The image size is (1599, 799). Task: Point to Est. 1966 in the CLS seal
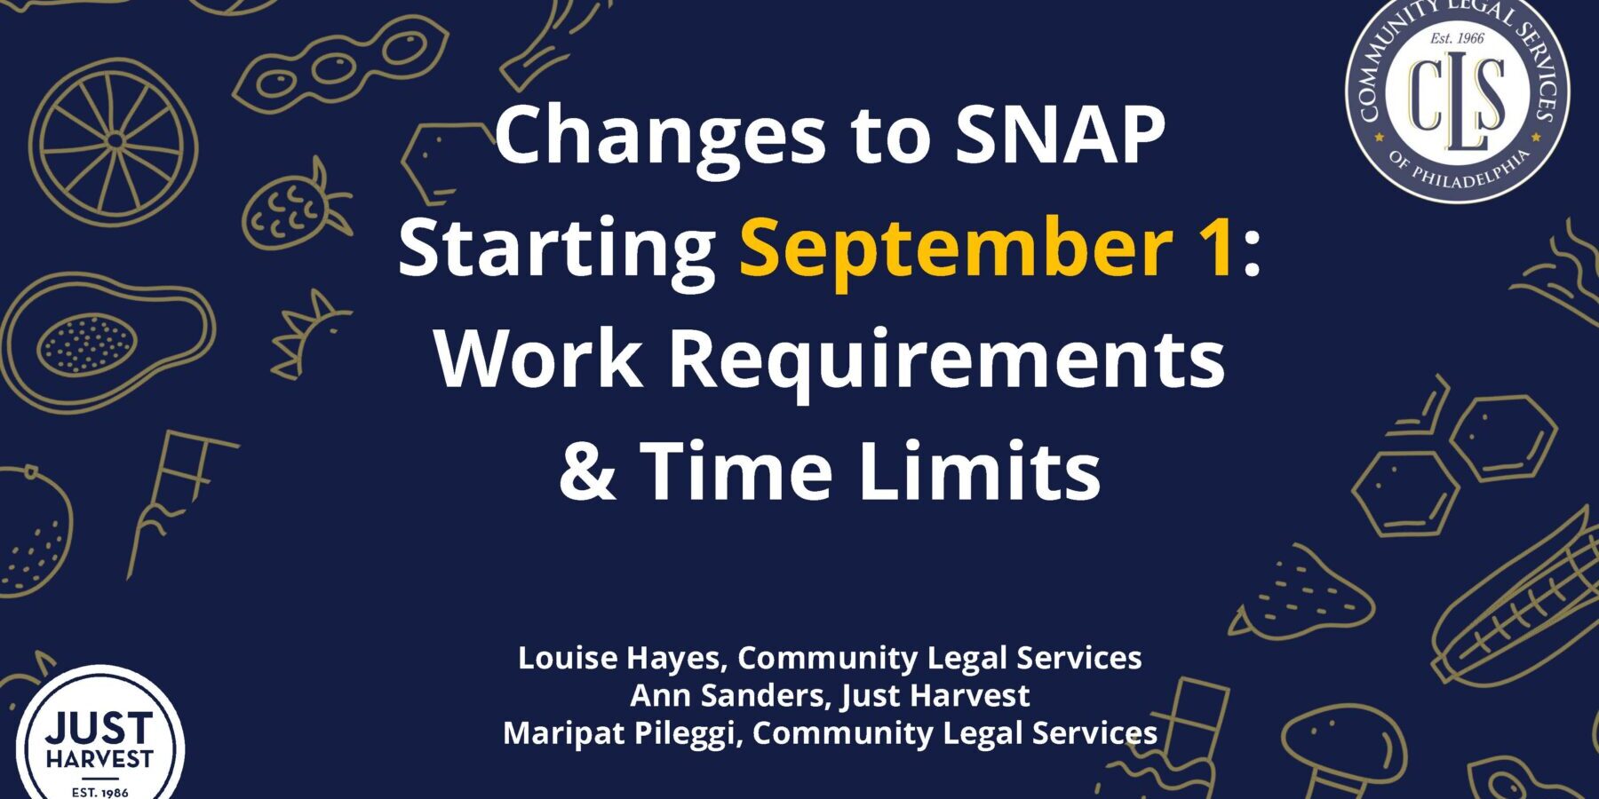(1457, 38)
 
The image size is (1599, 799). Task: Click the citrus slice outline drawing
(114, 142)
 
